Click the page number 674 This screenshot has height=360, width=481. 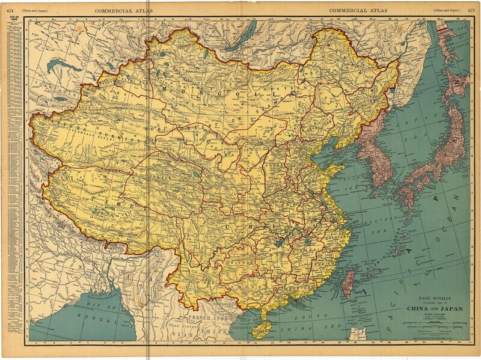coord(10,10)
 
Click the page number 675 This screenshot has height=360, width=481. coord(471,10)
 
